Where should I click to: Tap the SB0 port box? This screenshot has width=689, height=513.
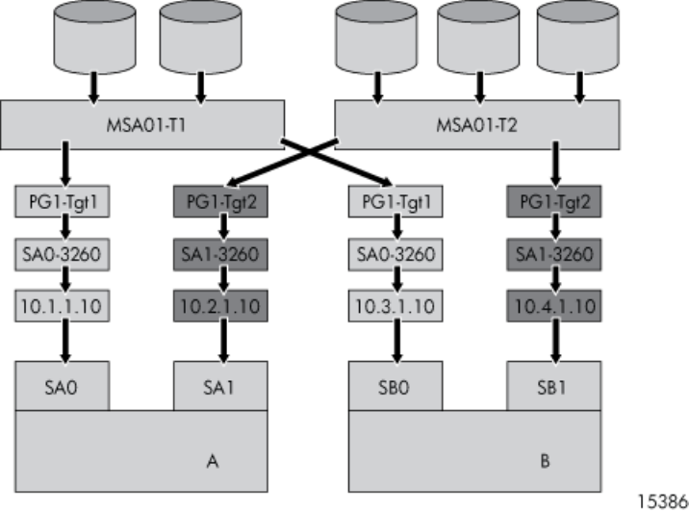395,387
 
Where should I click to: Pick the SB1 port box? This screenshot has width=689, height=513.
553,387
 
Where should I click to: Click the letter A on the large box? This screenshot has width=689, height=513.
214,462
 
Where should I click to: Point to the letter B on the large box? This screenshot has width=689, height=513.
545,462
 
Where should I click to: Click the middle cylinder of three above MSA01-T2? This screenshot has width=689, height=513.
476,38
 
